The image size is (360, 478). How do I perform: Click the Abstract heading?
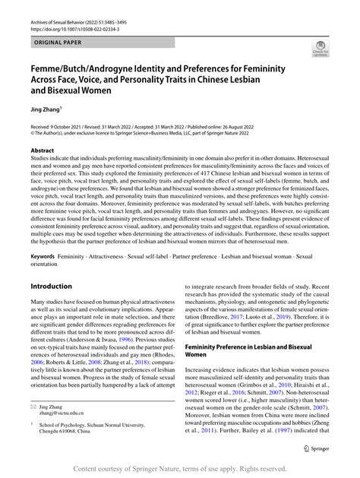42,150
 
